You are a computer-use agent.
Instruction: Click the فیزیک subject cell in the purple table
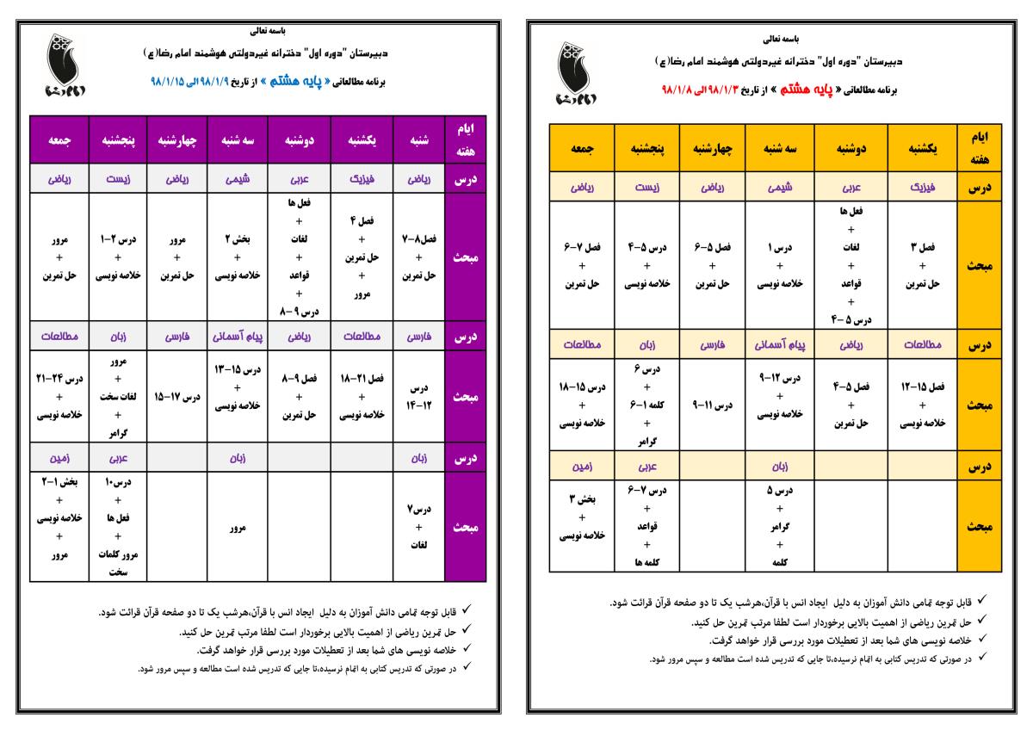point(362,179)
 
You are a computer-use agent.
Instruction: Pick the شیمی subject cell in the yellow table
point(780,187)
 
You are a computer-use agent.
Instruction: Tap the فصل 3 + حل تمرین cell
point(923,265)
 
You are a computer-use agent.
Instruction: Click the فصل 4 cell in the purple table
point(362,257)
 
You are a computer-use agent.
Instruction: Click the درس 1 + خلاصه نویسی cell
point(780,265)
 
